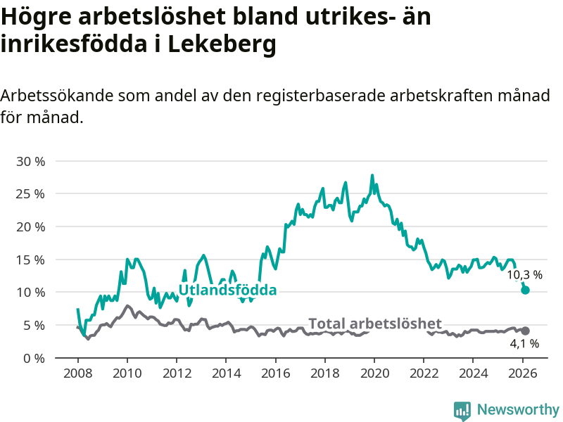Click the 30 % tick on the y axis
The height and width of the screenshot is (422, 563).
point(30,161)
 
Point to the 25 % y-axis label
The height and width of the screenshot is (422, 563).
point(30,193)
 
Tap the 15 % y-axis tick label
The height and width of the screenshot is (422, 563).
point(30,260)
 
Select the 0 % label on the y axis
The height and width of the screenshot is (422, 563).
point(34,358)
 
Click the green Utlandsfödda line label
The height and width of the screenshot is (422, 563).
point(227,290)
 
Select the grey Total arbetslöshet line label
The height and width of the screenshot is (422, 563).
point(375,324)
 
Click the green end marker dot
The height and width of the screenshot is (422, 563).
point(525,290)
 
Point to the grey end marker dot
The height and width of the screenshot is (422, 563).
point(525,331)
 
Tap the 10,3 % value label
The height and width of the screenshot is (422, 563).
point(524,275)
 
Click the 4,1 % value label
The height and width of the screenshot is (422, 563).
point(524,344)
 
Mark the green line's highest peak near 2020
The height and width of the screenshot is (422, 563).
point(372,176)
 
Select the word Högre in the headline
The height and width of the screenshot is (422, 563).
point(34,15)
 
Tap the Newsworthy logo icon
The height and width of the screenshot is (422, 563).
point(462,410)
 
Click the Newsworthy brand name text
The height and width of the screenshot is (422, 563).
point(518,409)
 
